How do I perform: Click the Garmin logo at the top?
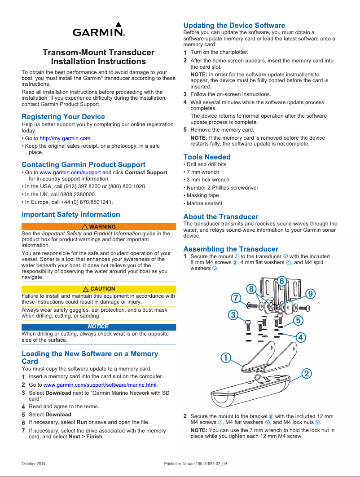[x=98, y=31]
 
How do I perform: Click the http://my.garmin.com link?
[x=65, y=138]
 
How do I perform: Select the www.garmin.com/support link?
[x=70, y=172]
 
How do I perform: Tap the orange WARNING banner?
[x=99, y=227]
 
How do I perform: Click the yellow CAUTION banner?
[x=99, y=289]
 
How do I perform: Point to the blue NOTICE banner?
[x=99, y=327]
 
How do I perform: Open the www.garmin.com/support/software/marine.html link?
[x=100, y=385]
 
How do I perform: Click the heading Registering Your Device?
[x=63, y=117]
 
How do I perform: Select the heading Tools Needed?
[x=207, y=157]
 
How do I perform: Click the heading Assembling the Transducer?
[x=231, y=249]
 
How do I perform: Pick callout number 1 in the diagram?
[x=225, y=358]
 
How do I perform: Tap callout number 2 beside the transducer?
[x=307, y=373]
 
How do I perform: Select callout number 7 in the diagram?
[x=235, y=297]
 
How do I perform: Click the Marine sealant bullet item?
[x=202, y=203]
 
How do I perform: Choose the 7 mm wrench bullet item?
[x=203, y=172]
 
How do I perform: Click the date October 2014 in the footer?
[x=34, y=463]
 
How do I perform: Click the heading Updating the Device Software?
[x=234, y=26]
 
